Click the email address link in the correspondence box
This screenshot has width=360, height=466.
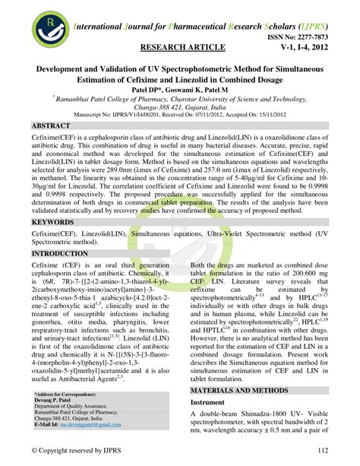coord(93,423)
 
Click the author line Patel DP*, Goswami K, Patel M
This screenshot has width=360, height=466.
coord(180,89)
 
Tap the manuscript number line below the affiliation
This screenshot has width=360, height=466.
coord(180,114)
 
